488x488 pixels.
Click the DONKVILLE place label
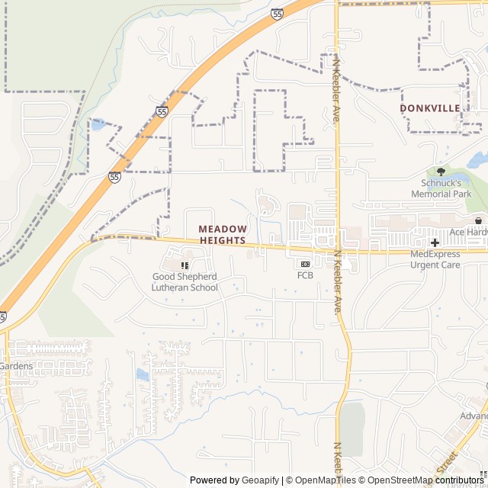coord(430,108)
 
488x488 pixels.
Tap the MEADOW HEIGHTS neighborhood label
coord(223,234)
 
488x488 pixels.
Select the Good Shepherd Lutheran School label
coord(185,282)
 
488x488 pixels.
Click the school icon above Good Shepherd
coord(185,265)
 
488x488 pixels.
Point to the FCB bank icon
coord(305,264)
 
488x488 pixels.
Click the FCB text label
coord(305,275)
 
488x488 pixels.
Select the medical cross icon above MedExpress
coord(435,242)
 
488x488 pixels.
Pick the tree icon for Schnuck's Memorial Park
coord(441,172)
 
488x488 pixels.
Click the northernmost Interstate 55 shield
coord(277,14)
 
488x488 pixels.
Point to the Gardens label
coord(16,367)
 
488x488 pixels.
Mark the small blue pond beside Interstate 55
coord(98,124)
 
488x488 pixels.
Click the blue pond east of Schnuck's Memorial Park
coord(478,160)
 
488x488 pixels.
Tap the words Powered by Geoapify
coord(234,480)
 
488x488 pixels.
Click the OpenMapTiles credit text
coord(324,480)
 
